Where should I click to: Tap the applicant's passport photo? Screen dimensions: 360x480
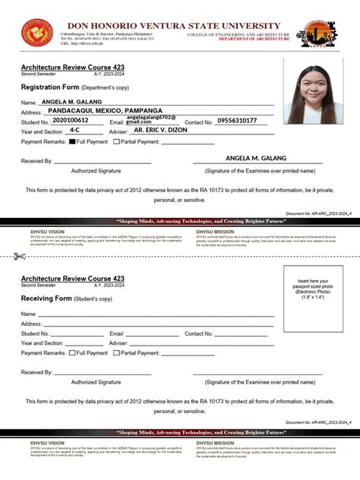[313, 92]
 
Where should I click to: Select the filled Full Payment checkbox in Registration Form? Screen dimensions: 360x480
[72, 142]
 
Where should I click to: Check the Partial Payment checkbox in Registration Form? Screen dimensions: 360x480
[117, 142]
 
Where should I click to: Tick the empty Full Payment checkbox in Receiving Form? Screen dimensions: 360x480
[72, 353]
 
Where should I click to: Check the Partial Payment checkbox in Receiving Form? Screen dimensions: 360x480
[117, 353]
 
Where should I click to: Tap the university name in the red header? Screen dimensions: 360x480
[174, 26]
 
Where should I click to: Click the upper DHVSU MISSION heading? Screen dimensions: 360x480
[215, 231]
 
